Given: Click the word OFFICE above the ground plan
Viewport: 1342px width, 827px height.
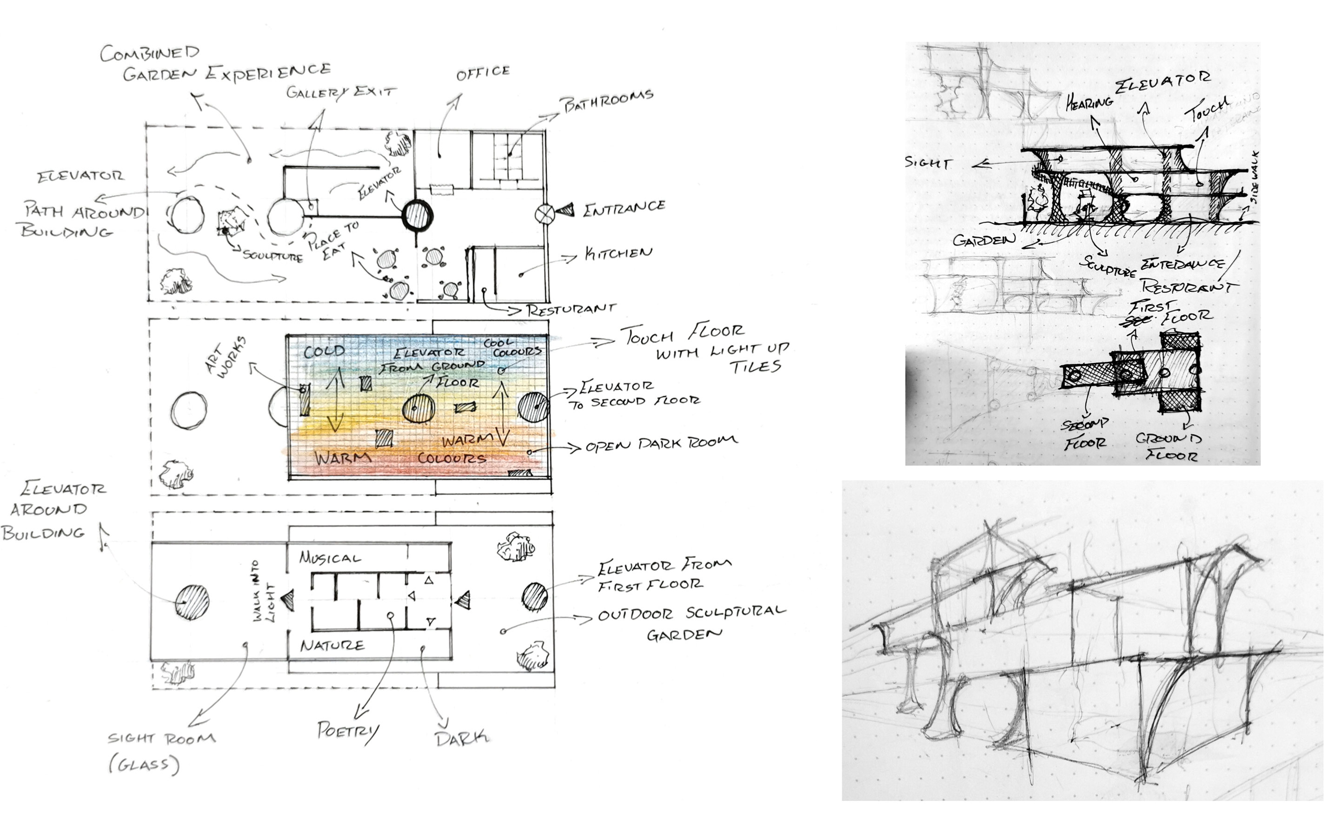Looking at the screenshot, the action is [483, 73].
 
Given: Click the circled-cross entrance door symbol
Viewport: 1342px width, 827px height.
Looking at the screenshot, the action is [545, 213].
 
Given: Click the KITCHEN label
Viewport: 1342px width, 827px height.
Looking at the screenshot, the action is [618, 253].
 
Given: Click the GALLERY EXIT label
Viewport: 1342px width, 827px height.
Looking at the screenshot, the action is [341, 92].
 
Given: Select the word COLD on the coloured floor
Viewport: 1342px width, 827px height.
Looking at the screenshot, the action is [325, 351].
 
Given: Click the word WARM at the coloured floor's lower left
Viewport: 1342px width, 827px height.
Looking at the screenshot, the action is [343, 457].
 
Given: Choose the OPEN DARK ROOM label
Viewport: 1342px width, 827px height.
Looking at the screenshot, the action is [661, 444].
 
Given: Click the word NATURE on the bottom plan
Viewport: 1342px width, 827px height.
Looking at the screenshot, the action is [332, 645].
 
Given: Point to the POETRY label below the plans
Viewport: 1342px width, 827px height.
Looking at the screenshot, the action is [348, 731].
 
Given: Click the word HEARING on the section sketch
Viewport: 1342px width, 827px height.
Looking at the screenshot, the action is [1089, 102].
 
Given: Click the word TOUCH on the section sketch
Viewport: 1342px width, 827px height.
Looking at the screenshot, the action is [1207, 109].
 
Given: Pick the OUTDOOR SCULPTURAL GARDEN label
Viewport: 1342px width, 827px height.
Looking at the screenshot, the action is [691, 622].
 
